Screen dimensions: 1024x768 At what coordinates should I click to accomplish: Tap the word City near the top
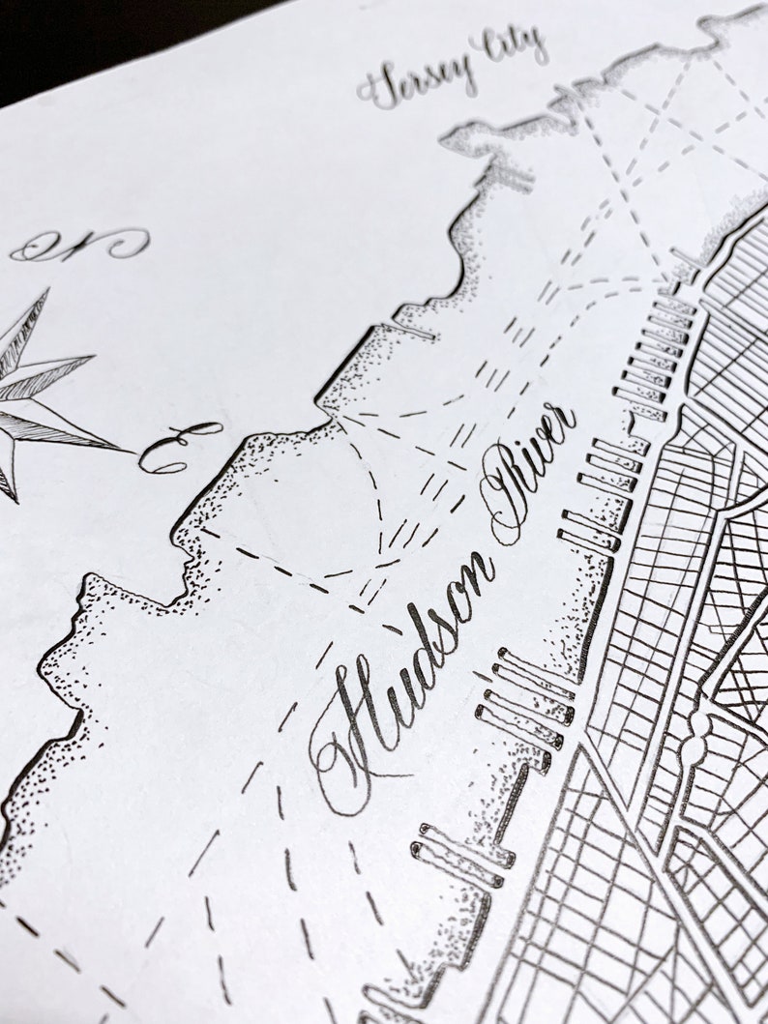pyautogui.click(x=510, y=45)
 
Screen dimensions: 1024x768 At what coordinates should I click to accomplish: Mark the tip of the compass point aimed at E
pyautogui.click(x=132, y=451)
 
